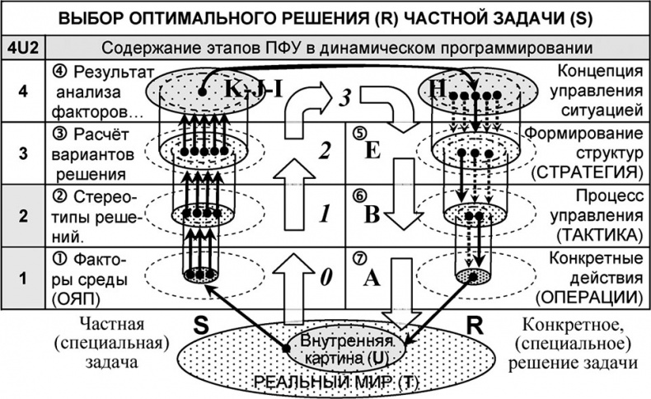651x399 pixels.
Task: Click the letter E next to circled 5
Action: click(372, 151)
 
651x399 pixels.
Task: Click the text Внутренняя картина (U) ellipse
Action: click(341, 349)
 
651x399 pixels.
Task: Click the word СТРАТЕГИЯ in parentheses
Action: click(586, 172)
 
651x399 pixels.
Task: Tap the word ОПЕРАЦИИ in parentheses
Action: click(592, 295)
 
